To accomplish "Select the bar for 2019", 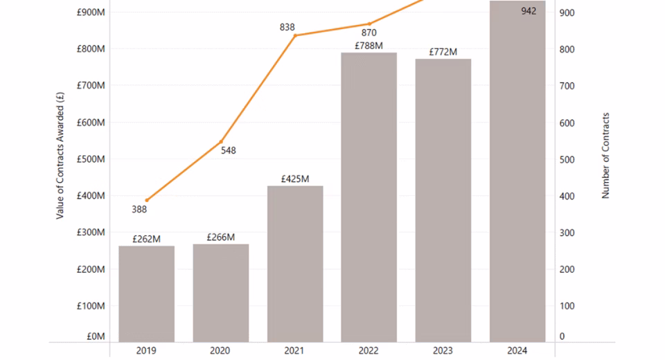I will click(146, 294).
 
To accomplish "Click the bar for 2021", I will click(295, 263).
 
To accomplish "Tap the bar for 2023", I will click(443, 200).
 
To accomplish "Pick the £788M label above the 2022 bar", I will click(369, 46).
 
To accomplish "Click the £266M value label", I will click(220, 237).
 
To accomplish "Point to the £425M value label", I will click(295, 179).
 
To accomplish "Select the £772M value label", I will click(443, 52).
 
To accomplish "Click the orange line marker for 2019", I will click(146, 200).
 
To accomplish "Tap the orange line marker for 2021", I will click(295, 35).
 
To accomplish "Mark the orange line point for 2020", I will click(221, 141).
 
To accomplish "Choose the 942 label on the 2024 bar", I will click(529, 11).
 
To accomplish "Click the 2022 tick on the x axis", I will click(369, 350).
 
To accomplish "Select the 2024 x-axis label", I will click(517, 350).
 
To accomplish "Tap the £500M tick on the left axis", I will click(91, 159).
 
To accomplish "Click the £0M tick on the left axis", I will click(96, 336).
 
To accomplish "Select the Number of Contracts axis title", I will click(605, 156).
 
